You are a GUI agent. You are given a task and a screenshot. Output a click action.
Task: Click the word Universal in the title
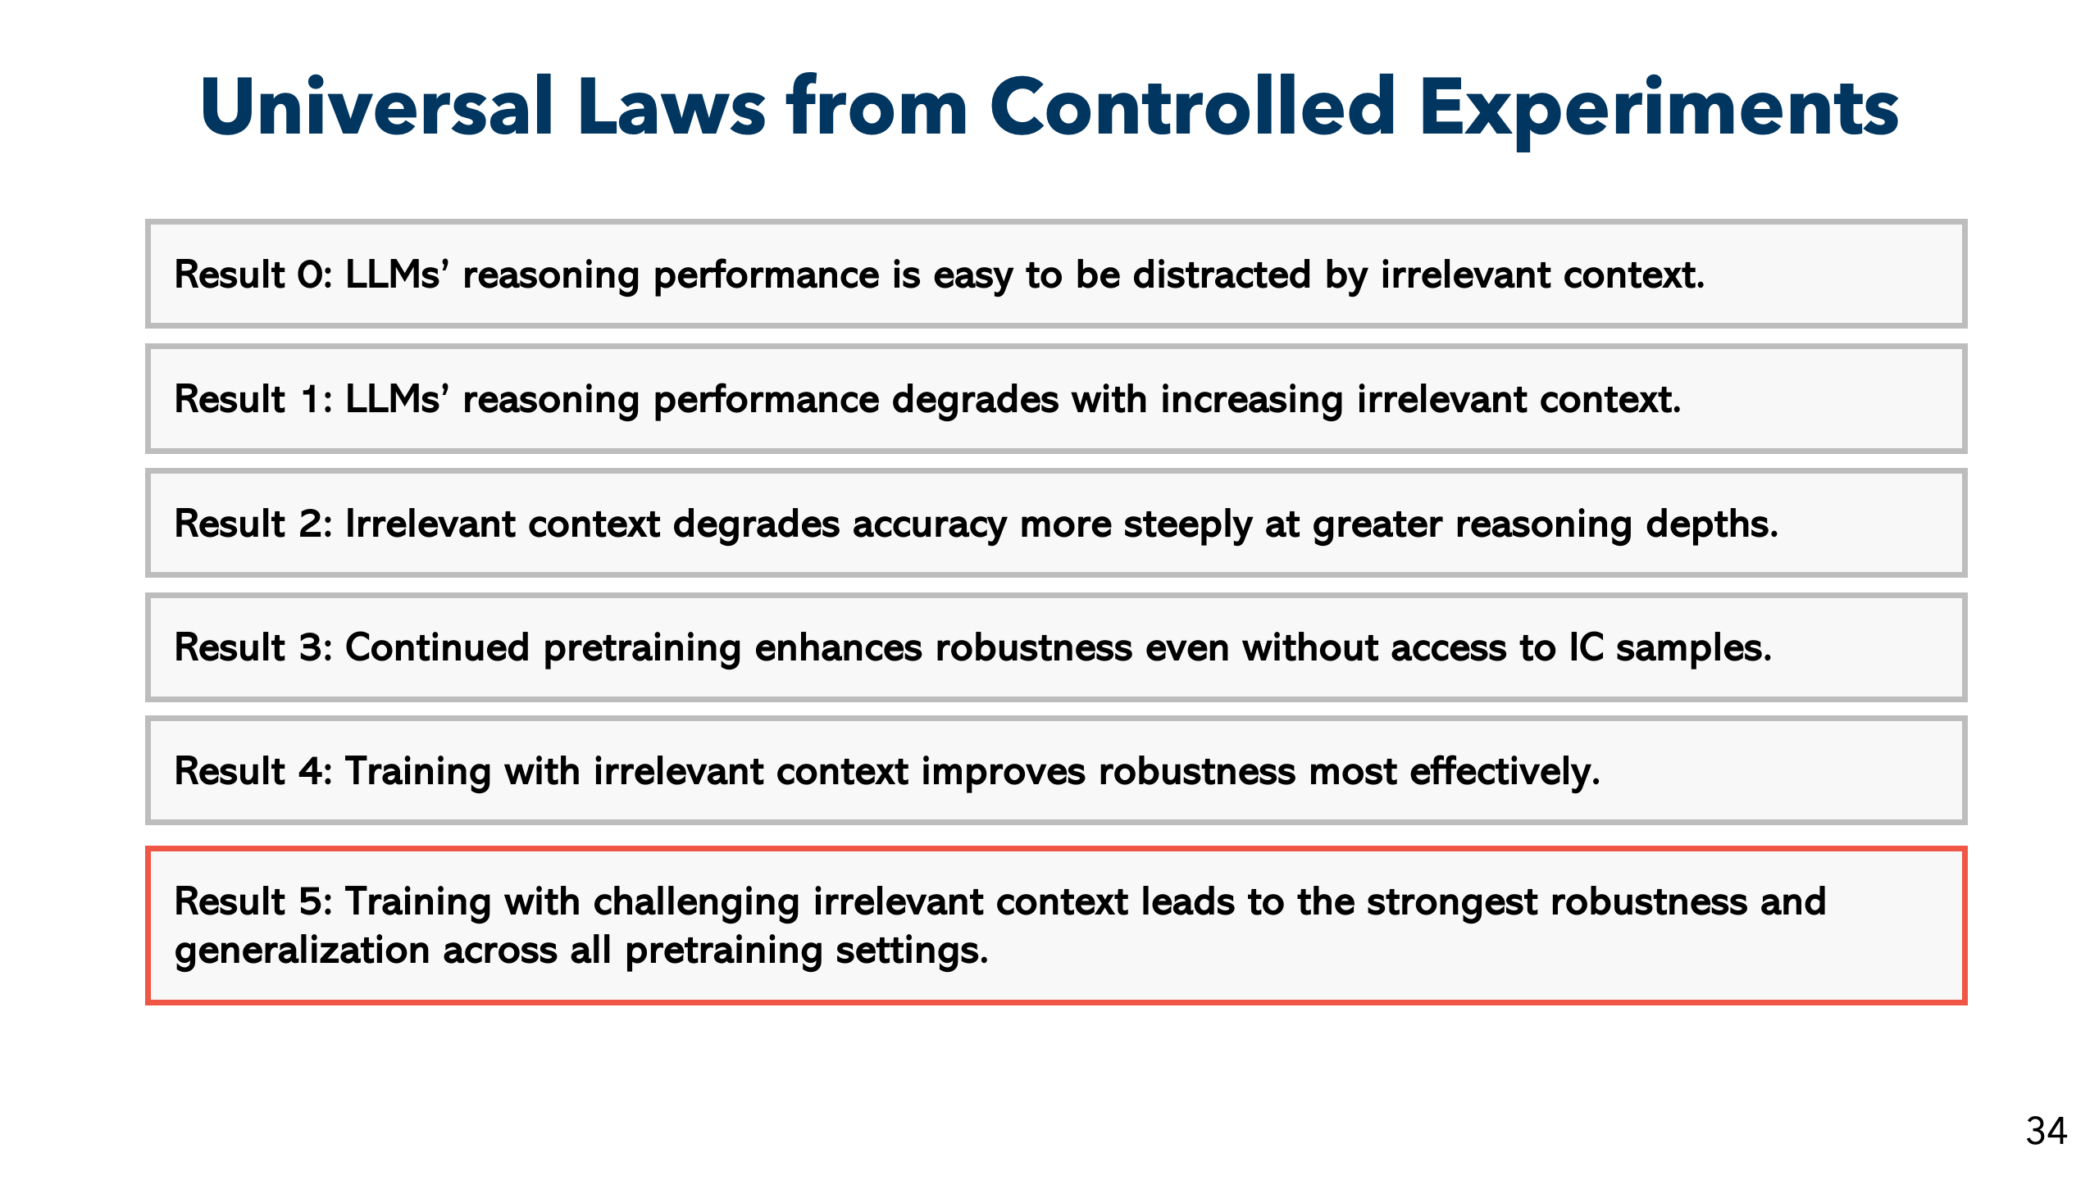378,107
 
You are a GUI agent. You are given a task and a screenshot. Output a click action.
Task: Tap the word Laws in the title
672,107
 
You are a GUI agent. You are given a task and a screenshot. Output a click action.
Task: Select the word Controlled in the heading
1193,107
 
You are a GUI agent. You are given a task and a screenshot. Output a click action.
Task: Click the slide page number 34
2047,1131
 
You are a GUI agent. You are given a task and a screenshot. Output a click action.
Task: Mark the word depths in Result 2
1712,525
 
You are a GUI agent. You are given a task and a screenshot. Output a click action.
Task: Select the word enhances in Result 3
838,647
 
